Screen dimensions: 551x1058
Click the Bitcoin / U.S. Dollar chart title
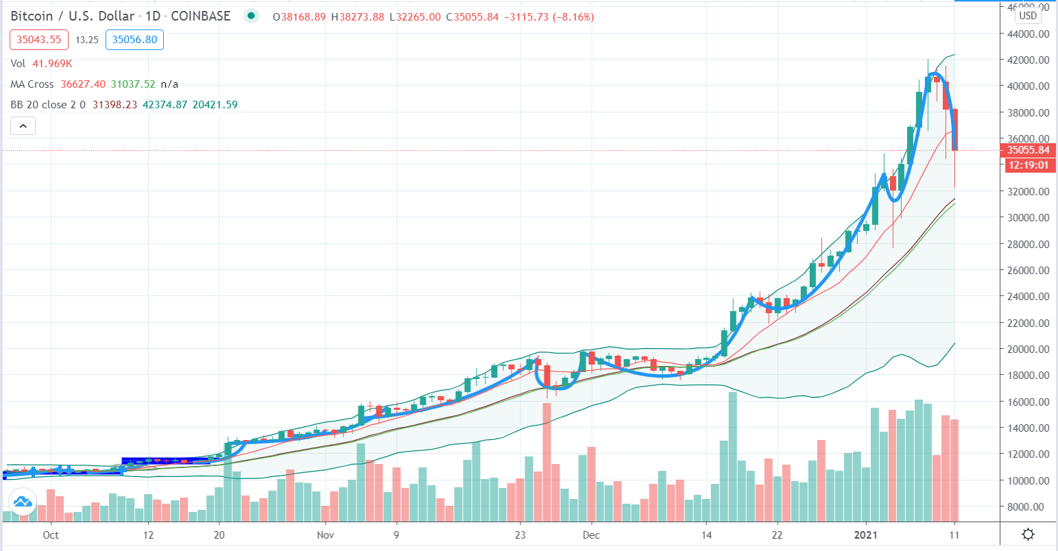72,16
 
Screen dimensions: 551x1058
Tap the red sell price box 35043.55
38,40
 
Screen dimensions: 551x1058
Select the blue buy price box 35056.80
135,40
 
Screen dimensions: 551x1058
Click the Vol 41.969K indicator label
41,64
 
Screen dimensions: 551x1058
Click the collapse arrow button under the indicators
23,126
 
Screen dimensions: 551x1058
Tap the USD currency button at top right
1027,16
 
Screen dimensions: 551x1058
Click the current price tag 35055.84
1027,150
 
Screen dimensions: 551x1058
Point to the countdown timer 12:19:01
1027,165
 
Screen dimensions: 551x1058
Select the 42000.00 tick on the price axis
1027,60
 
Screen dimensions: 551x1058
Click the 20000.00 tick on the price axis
1027,349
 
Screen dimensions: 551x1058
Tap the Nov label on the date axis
326,535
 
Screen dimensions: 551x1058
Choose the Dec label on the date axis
592,535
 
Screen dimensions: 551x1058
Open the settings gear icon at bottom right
1027,535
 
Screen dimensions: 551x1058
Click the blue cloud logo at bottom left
23,502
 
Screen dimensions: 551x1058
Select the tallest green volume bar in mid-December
732,456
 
